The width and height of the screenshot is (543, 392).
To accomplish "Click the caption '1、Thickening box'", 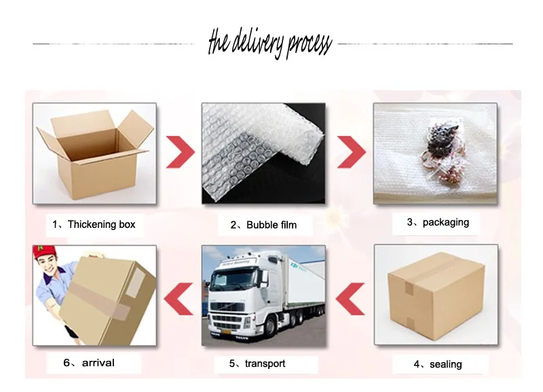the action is tap(94, 224).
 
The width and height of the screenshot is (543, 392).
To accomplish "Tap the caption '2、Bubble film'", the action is tap(263, 225).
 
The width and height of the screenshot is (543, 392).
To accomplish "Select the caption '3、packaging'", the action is tap(438, 222).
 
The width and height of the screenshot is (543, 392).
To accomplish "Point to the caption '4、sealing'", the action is tap(438, 364).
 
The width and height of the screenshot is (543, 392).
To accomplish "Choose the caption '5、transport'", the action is tap(257, 364).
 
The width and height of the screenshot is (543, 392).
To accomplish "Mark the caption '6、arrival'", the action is tap(89, 363).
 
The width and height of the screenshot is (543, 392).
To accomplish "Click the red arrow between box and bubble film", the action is tap(181, 152).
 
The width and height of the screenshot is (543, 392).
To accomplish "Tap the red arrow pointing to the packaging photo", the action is tap(351, 152).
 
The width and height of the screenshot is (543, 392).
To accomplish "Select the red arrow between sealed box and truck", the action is tap(350, 299).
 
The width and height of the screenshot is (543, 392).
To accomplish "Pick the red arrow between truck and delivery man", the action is tap(179, 299).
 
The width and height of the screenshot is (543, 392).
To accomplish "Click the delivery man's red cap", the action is tap(44, 252).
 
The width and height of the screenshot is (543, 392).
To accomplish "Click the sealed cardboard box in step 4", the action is tap(436, 297).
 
